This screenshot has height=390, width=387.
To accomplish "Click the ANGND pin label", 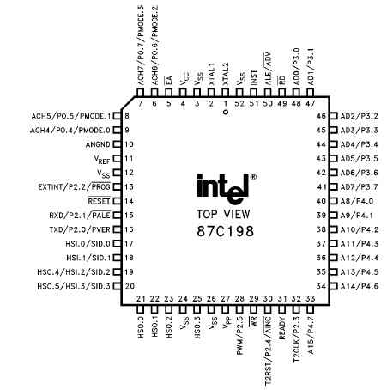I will (100, 144).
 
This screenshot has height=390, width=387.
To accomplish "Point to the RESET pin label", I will (101, 199).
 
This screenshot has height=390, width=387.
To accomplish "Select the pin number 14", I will (128, 199).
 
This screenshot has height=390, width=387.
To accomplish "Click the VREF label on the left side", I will (103, 158).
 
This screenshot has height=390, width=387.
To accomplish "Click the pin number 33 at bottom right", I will (309, 298).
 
